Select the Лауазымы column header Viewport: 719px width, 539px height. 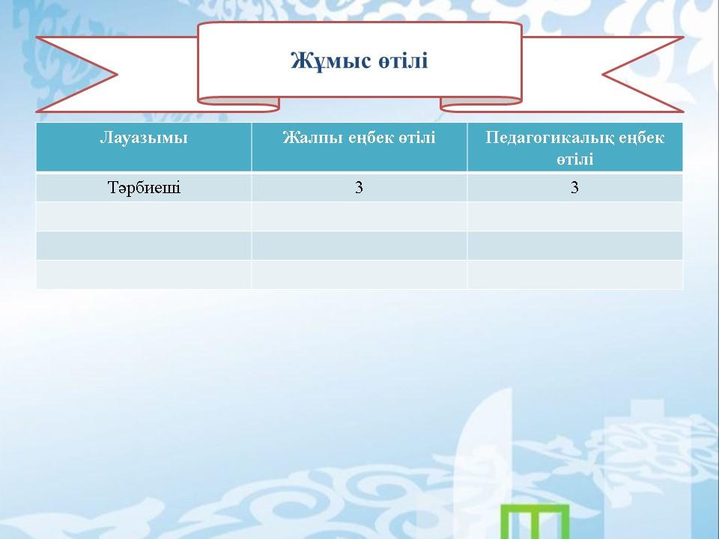[144, 138]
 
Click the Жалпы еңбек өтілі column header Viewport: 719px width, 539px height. [359, 138]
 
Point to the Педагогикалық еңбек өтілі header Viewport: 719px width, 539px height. [575, 147]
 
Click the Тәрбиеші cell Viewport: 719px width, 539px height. [144, 187]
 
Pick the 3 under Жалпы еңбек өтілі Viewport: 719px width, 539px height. [359, 187]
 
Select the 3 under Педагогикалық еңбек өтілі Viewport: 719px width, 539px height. [574, 187]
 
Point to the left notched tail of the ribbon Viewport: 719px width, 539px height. [78, 74]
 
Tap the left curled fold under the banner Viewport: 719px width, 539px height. [238, 105]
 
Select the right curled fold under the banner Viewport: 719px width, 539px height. [481, 105]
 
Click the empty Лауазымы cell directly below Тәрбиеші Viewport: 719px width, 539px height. [144, 216]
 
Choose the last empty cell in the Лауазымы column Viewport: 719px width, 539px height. [144, 275]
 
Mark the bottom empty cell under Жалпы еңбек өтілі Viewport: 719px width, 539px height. [359, 275]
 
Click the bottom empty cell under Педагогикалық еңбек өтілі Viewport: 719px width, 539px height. [575, 275]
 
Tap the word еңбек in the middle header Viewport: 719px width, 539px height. [371, 138]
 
